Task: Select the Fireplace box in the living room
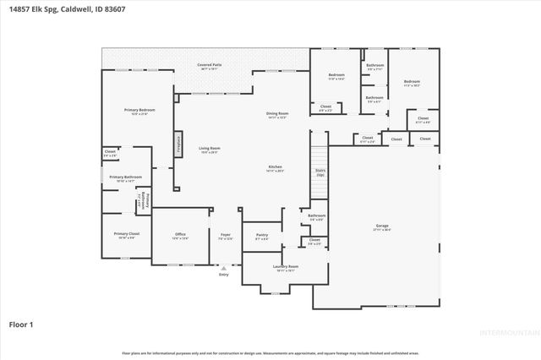179,143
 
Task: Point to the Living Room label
210,150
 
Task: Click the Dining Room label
277,115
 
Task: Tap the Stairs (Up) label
320,172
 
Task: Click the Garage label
382,226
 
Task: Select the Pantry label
261,237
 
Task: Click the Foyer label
226,236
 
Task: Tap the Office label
180,236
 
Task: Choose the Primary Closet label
127,235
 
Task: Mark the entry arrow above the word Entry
224,267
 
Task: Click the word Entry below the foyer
224,275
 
